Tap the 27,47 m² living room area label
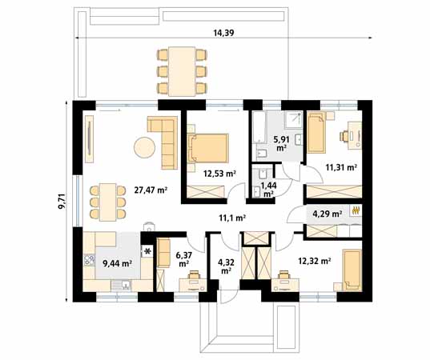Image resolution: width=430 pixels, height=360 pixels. point(150,190)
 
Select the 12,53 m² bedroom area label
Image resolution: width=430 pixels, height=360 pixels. point(218,173)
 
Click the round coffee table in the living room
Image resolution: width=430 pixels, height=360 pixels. point(145,147)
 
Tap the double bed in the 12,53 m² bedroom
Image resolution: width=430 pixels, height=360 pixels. point(208,149)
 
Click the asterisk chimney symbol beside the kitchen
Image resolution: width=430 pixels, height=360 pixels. point(147,251)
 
